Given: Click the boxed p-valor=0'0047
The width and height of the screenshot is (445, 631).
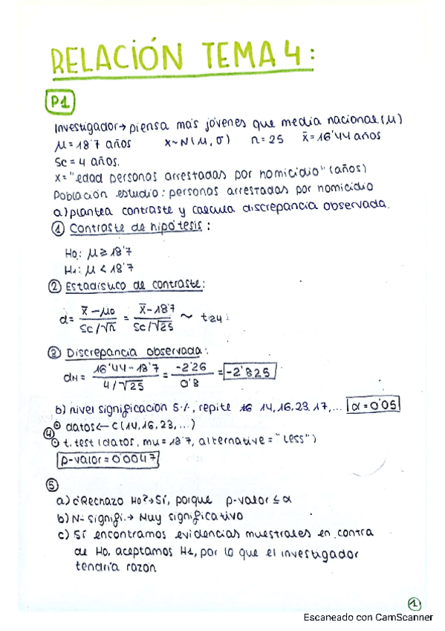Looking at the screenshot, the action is [x=108, y=458].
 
